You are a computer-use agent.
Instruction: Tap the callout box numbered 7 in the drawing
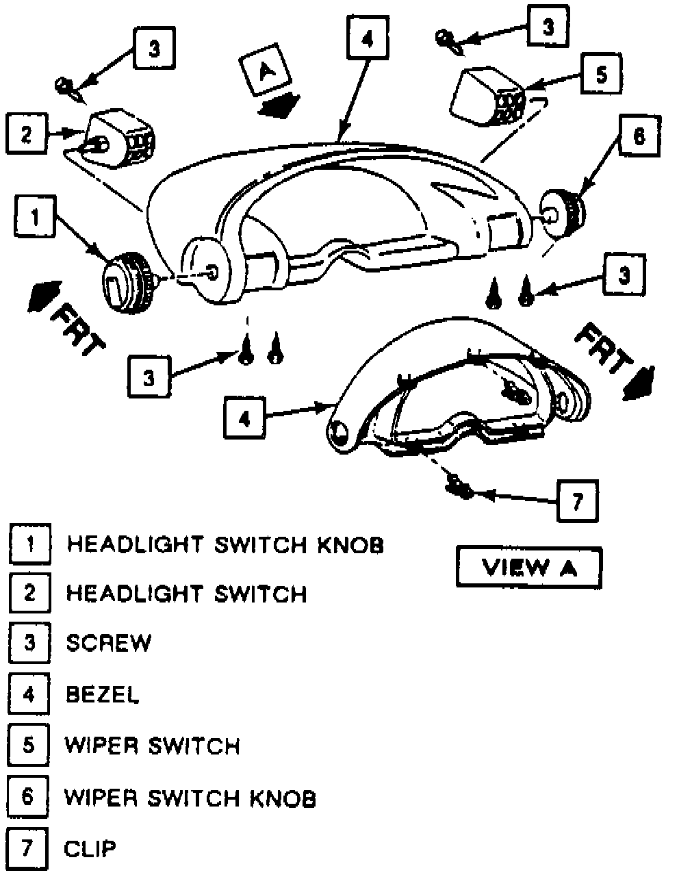[576, 502]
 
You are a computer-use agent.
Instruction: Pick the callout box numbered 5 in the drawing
[601, 75]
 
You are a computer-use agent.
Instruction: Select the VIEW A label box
[528, 568]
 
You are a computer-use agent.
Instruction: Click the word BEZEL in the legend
[103, 694]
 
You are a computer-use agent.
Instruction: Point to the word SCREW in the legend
[109, 643]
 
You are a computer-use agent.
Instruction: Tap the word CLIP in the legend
[90, 849]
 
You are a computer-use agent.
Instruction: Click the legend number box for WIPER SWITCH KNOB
[28, 798]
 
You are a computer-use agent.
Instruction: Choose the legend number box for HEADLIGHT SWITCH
[28, 592]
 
